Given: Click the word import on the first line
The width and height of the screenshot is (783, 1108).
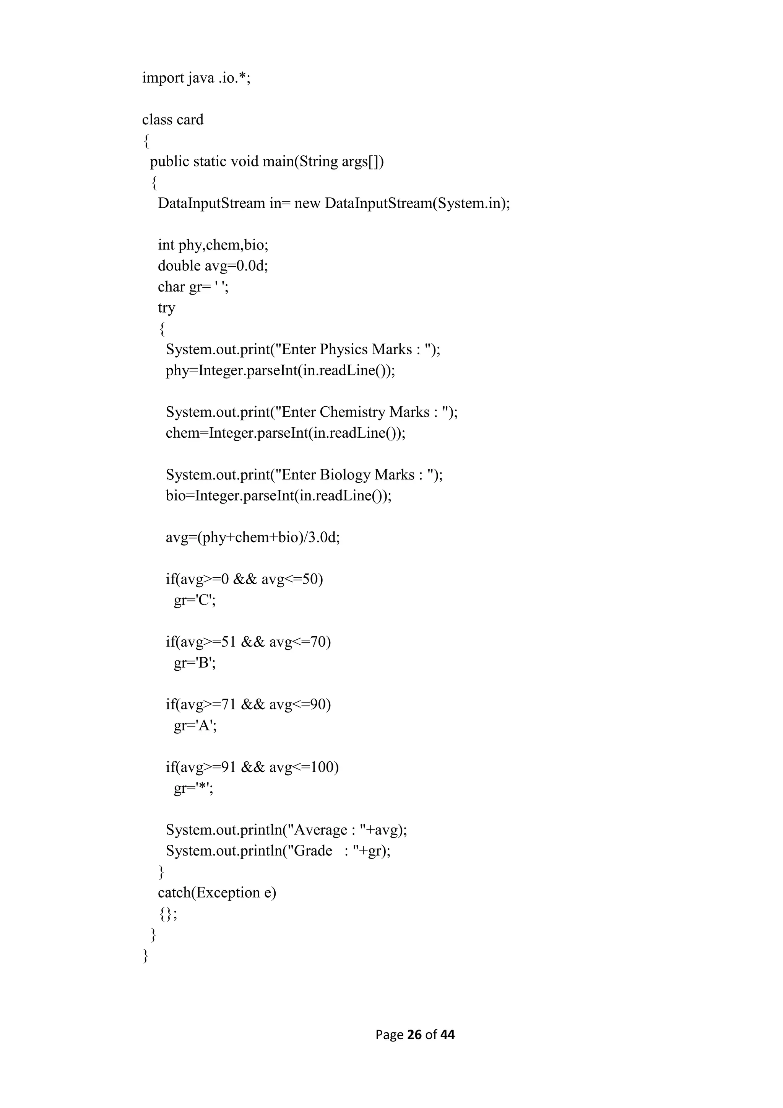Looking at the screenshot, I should [x=163, y=78].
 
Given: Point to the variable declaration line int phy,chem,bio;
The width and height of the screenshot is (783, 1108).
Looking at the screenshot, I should [x=213, y=245].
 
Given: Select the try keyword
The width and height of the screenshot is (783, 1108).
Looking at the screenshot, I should [x=166, y=308].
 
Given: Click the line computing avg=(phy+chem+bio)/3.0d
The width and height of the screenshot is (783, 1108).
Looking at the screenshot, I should [x=253, y=538].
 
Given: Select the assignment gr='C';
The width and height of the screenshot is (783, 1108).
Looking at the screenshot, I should [x=195, y=600].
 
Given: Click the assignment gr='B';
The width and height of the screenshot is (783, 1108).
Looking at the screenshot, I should [x=195, y=663].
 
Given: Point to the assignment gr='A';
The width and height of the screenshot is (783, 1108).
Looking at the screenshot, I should [x=195, y=726].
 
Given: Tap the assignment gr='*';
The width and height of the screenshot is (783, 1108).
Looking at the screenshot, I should [x=193, y=789].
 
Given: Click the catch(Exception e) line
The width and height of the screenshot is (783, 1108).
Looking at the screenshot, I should [x=217, y=893].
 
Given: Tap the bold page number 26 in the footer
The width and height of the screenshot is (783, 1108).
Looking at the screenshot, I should [x=414, y=1035].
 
